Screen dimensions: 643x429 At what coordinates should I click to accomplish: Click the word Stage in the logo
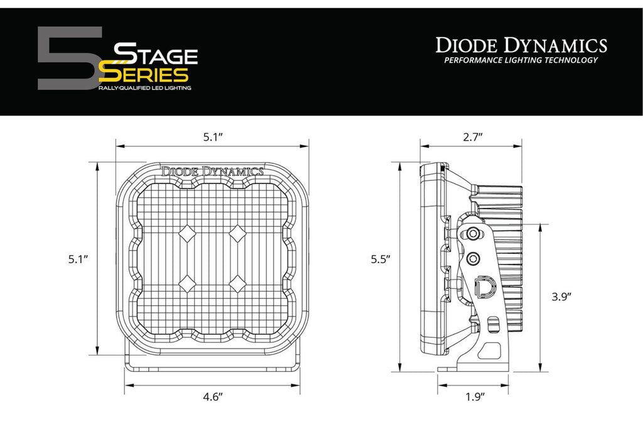(156, 54)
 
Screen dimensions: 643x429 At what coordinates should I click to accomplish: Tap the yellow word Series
(144, 75)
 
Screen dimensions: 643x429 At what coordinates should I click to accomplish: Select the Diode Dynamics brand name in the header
(521, 45)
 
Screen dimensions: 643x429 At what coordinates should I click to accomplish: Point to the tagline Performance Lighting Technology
(521, 60)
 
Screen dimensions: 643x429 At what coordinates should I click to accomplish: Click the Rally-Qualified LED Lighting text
(145, 88)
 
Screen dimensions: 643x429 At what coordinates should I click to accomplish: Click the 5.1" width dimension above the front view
(213, 137)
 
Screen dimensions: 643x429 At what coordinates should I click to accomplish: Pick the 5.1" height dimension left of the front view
(78, 259)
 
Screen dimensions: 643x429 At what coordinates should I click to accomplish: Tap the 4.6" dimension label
(213, 396)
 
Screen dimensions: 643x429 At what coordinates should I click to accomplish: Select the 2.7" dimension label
(473, 137)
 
